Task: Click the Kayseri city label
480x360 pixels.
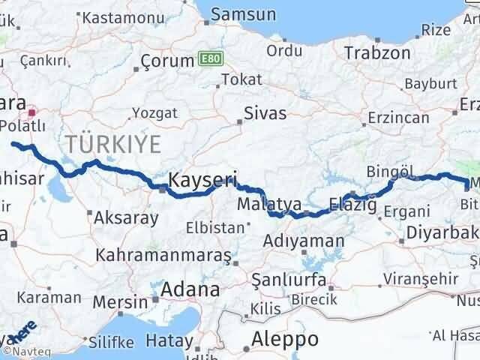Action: point(202,180)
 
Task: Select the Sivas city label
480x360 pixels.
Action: point(265,114)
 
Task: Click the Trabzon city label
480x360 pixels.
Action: point(377,52)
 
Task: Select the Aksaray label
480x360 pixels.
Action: point(126,218)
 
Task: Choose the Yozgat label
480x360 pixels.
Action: point(155,112)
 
